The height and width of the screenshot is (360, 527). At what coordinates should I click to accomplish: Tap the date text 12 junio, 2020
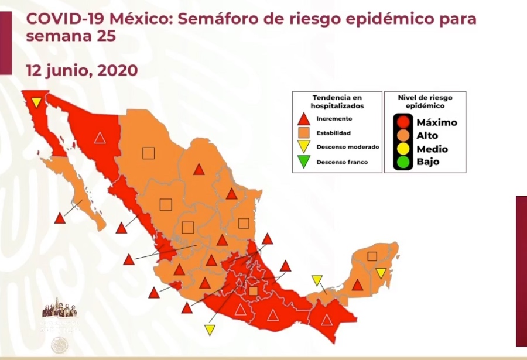coord(82,70)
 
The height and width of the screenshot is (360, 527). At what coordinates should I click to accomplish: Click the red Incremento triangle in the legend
coord(303,119)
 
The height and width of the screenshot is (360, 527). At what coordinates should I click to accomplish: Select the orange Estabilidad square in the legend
coord(303,133)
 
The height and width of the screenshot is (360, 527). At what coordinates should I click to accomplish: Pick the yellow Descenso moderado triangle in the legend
coord(303,147)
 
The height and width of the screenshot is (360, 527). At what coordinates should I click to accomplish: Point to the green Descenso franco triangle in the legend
coord(303,162)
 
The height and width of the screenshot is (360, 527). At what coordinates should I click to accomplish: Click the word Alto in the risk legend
coord(427,136)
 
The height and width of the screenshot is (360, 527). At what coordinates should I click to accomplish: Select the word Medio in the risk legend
coord(432,149)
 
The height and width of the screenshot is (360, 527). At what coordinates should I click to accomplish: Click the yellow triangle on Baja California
coord(36,102)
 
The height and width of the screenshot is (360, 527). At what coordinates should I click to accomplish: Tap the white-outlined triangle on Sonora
coord(100,138)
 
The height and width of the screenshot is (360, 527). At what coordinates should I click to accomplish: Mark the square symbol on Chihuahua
coord(148,153)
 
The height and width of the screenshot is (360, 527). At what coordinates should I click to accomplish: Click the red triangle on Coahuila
coord(199,170)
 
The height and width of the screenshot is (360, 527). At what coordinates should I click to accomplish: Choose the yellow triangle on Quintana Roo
coord(381,273)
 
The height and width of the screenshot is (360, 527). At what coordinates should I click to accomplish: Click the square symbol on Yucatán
coord(372,256)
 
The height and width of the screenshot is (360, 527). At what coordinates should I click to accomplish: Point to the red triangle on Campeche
coord(357,286)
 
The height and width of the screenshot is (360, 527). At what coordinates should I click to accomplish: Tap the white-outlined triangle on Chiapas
coord(326,320)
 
